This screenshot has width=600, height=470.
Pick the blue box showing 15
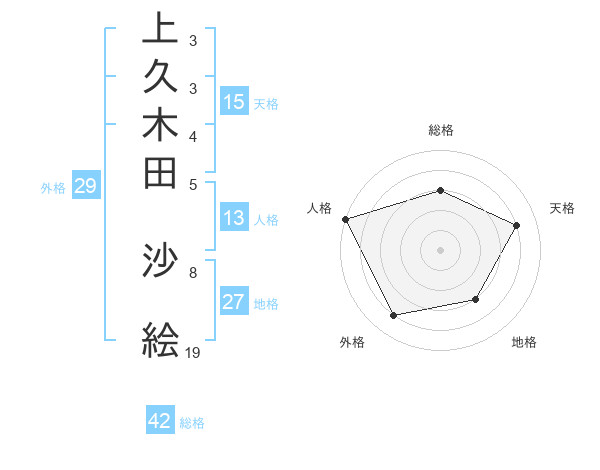tap(234, 101)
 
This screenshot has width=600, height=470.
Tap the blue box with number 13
tap(234, 219)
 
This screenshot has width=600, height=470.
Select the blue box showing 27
tap(234, 302)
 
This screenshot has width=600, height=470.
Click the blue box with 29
tap(86, 185)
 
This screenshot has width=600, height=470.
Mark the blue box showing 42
tap(160, 421)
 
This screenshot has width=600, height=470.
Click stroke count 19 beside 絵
tap(193, 352)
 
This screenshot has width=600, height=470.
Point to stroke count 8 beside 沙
tap(192, 272)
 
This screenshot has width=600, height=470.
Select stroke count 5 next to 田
tap(192, 184)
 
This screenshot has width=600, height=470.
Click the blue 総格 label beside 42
tap(192, 423)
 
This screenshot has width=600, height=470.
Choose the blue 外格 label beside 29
tap(53, 187)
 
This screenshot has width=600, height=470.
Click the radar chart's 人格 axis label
tap(320, 208)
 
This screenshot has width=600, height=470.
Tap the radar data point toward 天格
tap(516, 225)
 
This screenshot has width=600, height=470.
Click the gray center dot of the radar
tap(440, 249)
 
